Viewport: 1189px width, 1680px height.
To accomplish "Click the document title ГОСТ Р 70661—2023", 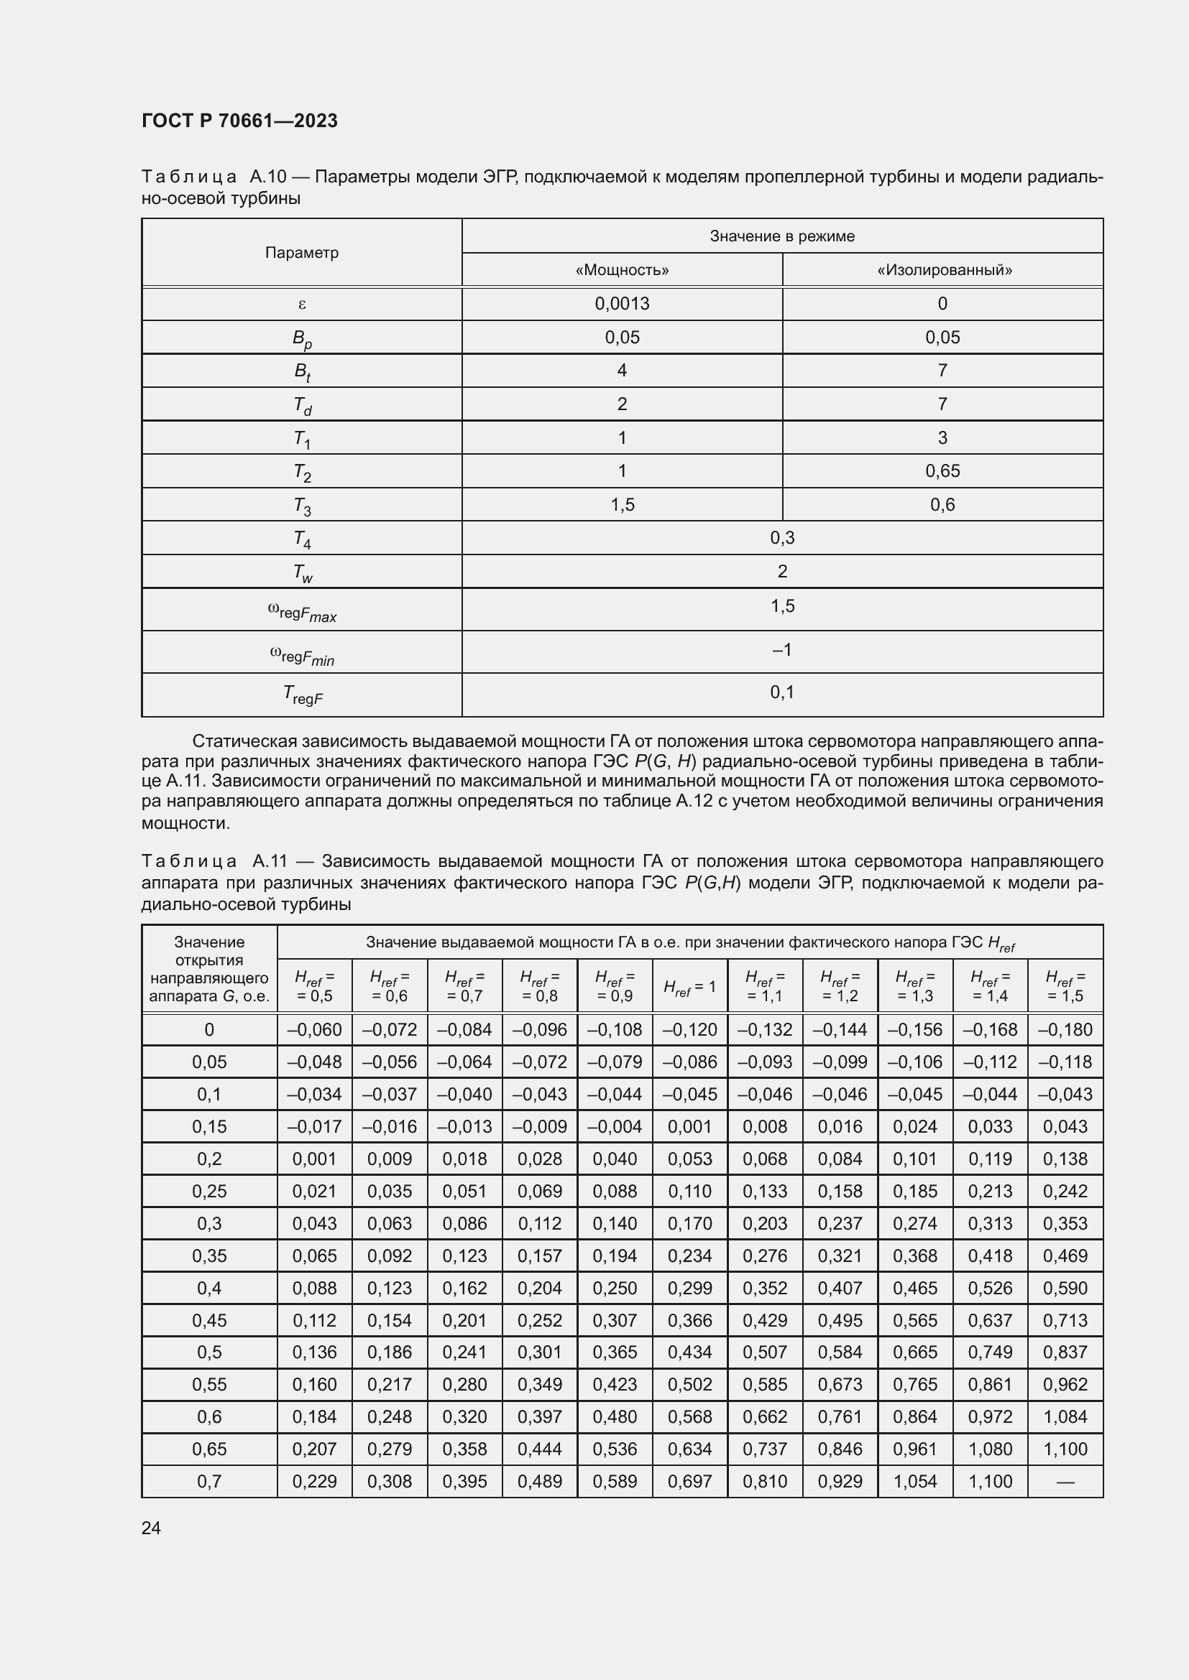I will point(239,121).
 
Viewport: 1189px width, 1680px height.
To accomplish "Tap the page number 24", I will point(151,1528).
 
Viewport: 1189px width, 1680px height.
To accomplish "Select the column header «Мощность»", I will point(622,270).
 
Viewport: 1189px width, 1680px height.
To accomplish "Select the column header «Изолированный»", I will point(944,270).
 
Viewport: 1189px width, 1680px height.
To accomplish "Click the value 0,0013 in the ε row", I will point(622,304).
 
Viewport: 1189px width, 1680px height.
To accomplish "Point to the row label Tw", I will point(302,573).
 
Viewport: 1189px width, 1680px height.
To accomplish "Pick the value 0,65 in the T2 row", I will point(942,471).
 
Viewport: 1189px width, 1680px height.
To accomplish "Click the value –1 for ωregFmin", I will point(782,650).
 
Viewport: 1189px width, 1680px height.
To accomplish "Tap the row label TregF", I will point(302,695).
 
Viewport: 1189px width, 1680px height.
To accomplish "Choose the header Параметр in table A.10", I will point(302,253).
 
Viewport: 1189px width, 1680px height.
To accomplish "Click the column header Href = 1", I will point(689,987).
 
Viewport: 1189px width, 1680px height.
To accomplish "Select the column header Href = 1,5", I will point(1065,986).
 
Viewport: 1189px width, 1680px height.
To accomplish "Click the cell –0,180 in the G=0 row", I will point(1065,1030).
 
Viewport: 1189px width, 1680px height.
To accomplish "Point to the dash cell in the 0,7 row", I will point(1065,1482).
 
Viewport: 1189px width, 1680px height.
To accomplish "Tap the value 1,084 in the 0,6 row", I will point(1065,1416).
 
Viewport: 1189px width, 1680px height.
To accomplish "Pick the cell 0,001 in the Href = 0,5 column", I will point(314,1159).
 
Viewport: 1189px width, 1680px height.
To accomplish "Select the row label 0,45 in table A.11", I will point(209,1321).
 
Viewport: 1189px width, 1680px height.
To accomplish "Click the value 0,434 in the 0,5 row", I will point(689,1352).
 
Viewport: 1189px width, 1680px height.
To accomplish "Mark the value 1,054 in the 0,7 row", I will point(914,1481).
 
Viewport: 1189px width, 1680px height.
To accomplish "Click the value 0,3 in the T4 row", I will point(782,539).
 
